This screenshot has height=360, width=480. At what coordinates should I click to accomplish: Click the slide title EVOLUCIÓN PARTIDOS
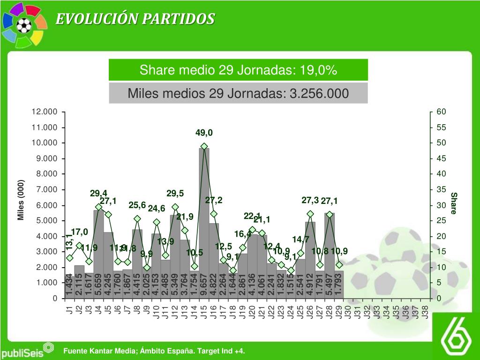(x=135, y=19)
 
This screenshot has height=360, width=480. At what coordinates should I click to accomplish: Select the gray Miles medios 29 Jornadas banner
(x=238, y=93)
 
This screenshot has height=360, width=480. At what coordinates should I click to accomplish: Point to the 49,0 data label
(x=204, y=133)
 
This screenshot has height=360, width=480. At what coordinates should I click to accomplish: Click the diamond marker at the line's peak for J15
(x=204, y=146)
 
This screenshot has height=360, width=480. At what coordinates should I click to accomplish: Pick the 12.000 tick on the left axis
(x=44, y=112)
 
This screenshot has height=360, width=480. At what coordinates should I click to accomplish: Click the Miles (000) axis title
(x=21, y=199)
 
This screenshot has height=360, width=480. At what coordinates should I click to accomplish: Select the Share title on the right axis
(x=453, y=202)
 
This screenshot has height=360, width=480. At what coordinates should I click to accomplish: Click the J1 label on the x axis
(x=70, y=310)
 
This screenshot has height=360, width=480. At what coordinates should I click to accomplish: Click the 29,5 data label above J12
(x=175, y=194)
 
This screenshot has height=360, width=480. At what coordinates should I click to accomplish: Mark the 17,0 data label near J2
(x=79, y=232)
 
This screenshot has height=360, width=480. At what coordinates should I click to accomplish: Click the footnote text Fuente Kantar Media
(x=154, y=351)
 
